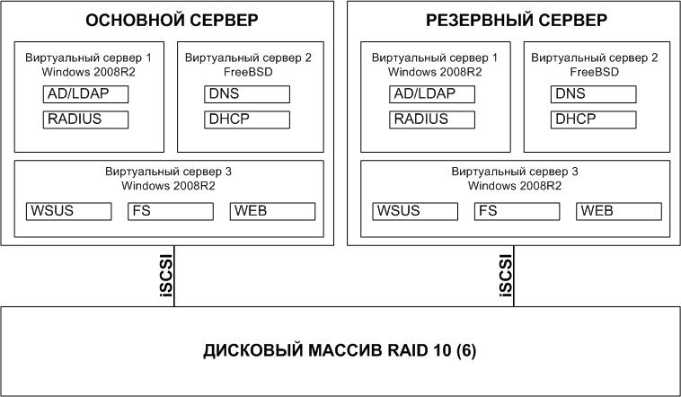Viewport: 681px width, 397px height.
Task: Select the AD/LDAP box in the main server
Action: tap(86, 94)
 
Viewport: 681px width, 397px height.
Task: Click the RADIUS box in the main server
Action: tap(86, 119)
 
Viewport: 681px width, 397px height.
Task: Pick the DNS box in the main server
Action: tap(247, 94)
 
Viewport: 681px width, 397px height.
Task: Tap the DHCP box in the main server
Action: tap(247, 119)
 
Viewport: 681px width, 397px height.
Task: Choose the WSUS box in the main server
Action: tap(69, 211)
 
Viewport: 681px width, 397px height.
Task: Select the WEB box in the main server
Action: tap(273, 211)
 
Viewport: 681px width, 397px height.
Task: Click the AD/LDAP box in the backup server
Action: tap(432, 94)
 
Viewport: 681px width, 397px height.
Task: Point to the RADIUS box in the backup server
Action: tap(432, 119)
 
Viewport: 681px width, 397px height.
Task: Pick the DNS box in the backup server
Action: tap(594, 94)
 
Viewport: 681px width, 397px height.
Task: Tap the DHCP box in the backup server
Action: tap(594, 119)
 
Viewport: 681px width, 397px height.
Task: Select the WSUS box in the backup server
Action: tap(415, 211)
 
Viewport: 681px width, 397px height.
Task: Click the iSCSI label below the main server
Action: tap(164, 276)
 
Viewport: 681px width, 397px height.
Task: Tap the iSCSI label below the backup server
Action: tap(505, 276)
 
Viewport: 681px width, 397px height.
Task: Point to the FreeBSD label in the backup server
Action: tap(594, 71)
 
